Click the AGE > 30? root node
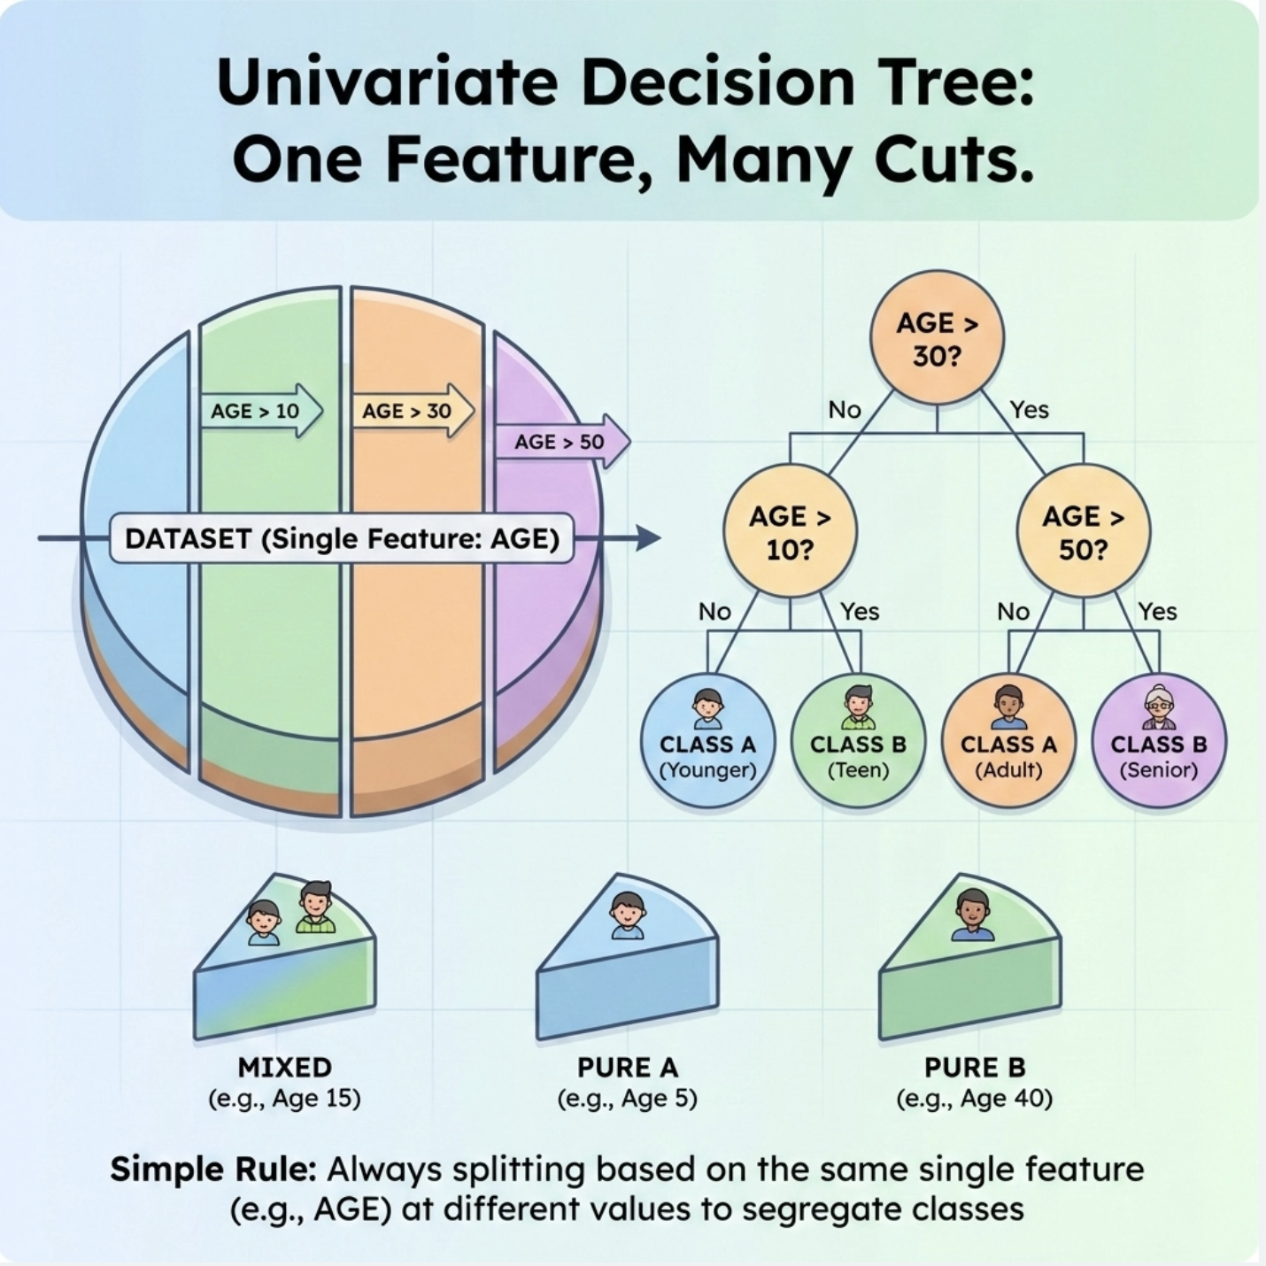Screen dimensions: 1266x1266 click(937, 337)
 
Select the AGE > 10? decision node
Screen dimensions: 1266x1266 click(790, 531)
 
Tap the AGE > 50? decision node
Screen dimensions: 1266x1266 click(1083, 531)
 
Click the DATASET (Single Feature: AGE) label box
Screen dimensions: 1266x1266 click(342, 538)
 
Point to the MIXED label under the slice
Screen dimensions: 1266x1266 click(285, 1067)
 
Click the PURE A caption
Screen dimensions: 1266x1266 click(628, 1067)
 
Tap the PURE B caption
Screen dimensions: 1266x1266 click(974, 1067)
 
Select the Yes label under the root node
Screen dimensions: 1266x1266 click(1030, 409)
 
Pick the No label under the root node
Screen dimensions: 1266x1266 click(845, 409)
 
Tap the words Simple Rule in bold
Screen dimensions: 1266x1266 click(212, 1169)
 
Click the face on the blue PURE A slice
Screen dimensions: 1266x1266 click(628, 915)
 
